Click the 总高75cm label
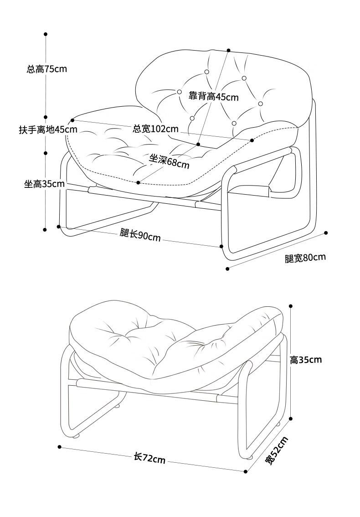[x=47, y=69]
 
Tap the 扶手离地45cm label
[x=48, y=129]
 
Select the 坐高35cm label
[x=44, y=184]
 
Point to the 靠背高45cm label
[x=214, y=96]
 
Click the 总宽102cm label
[x=155, y=129]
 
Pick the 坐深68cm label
[x=169, y=161]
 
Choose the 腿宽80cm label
[x=305, y=258]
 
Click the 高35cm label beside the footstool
[x=306, y=360]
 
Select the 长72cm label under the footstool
[x=149, y=458]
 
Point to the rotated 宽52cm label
[x=277, y=450]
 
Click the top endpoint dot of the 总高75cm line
[x=46, y=34]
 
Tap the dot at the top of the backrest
[x=228, y=50]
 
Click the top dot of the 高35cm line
[x=291, y=306]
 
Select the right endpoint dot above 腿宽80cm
[x=326, y=233]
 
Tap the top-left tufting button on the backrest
[x=207, y=72]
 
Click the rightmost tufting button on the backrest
[x=261, y=103]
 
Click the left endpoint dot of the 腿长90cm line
[x=59, y=226]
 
